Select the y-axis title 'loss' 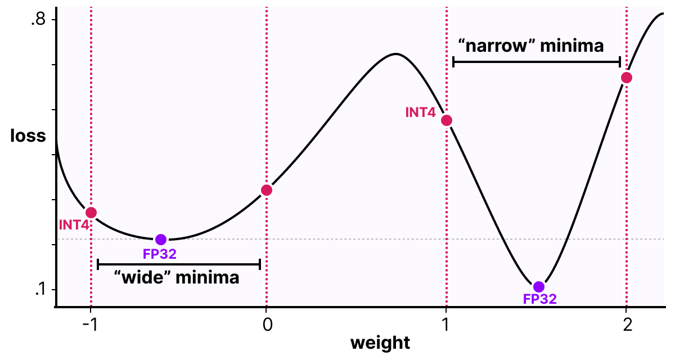pos(28,136)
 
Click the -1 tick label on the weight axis pos(90,325)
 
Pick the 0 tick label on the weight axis pos(267,325)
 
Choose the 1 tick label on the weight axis pos(446,325)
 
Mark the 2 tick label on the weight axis pos(626,325)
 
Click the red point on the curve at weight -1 pos(91,213)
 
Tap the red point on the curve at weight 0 pos(267,190)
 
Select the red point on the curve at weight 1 pos(447,120)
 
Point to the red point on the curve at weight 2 pos(626,78)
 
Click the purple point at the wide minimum pos(161,240)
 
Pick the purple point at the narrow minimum pos(539,287)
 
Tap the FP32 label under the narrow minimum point pos(539,299)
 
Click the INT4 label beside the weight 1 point pos(420,112)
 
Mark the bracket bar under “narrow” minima pos(537,61)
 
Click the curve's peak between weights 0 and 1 pos(396,54)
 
